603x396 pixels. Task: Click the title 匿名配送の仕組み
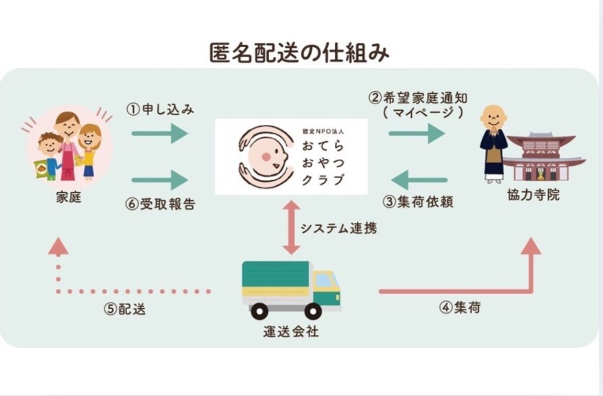[300, 54]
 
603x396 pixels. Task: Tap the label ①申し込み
[160, 110]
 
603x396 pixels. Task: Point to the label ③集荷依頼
[418, 201]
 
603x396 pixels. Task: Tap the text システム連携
[338, 229]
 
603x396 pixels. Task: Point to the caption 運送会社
[291, 331]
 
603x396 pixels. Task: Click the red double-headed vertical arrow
[291, 227]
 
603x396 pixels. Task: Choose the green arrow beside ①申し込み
[160, 134]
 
